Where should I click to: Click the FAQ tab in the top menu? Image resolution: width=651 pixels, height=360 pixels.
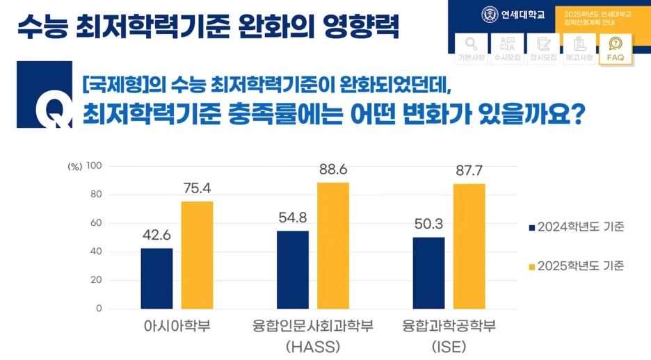(615, 49)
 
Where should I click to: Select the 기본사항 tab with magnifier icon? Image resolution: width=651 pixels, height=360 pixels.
(472, 49)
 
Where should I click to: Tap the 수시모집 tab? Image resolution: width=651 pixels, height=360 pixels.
(507, 49)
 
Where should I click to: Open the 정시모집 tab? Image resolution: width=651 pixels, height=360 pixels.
(543, 49)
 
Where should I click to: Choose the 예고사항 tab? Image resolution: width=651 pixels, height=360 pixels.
(579, 49)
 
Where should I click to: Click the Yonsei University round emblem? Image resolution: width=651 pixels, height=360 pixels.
(490, 14)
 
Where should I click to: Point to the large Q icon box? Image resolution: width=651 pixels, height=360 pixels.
(45, 95)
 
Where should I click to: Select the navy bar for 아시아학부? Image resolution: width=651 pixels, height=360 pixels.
(156, 278)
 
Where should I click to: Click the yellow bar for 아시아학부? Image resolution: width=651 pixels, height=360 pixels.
(197, 254)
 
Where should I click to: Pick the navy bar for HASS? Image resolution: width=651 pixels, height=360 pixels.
(293, 270)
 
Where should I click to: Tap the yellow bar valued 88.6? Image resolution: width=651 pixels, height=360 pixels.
(333, 245)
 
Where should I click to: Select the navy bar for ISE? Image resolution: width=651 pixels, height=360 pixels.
(428, 272)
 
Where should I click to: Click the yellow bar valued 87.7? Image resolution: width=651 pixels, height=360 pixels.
(469, 246)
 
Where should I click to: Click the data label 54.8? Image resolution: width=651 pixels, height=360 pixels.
(293, 218)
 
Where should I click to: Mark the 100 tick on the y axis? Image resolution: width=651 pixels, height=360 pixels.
(94, 166)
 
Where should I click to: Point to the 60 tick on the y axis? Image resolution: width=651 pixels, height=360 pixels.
(96, 223)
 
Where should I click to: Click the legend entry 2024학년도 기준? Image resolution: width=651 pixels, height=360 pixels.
(576, 227)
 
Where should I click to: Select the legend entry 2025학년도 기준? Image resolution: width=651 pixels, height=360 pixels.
(576, 266)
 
